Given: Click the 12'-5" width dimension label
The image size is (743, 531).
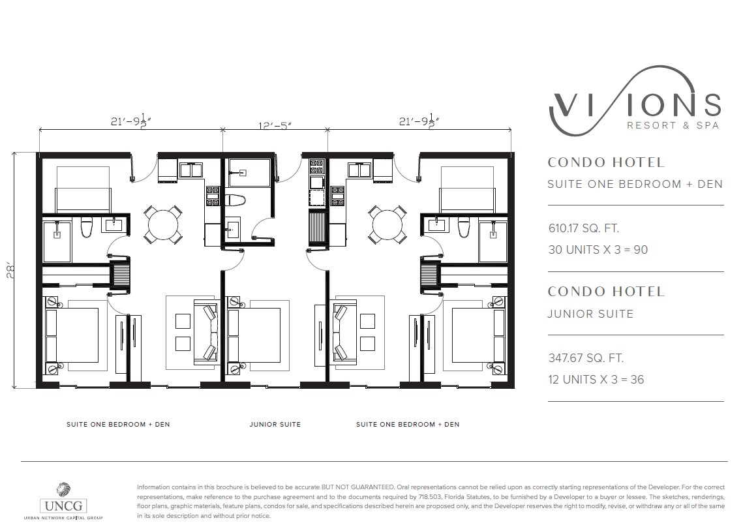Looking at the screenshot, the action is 275,126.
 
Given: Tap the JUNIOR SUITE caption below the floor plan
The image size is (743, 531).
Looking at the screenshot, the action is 275,425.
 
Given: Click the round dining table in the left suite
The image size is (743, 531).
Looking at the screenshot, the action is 162,224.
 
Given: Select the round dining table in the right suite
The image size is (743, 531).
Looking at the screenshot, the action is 387,224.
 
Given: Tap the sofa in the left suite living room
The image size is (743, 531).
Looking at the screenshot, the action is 205,331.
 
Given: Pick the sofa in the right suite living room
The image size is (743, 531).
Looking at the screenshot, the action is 345,331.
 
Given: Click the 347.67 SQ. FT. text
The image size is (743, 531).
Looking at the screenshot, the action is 586,358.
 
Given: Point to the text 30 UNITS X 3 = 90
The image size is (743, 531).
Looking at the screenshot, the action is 598,250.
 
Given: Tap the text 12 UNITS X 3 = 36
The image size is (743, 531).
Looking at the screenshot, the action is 596,380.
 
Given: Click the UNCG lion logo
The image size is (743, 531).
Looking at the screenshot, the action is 63,491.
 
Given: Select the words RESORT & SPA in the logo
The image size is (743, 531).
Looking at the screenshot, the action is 673,125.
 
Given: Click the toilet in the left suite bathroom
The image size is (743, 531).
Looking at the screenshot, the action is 86,227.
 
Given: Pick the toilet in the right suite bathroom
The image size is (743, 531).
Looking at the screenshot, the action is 464,227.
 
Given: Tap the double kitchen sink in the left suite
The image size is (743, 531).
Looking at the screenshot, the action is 190,170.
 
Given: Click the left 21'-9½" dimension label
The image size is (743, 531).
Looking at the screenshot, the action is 130,121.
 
